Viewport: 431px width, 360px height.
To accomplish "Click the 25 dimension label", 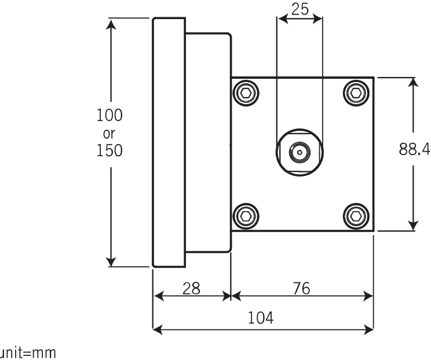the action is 300,9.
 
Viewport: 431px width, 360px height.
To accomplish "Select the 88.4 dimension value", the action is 415,149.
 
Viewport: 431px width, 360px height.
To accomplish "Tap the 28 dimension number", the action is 191,288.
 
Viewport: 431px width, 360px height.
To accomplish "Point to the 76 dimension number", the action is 302,288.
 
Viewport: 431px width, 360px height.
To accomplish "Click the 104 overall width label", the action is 261,318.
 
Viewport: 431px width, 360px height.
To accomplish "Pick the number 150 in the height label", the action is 109,150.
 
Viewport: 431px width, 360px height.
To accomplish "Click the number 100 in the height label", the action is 109,115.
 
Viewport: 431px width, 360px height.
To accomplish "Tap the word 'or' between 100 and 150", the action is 109,134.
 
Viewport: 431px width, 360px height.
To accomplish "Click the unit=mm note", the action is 28,353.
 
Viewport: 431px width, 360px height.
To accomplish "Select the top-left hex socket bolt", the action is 246,93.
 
